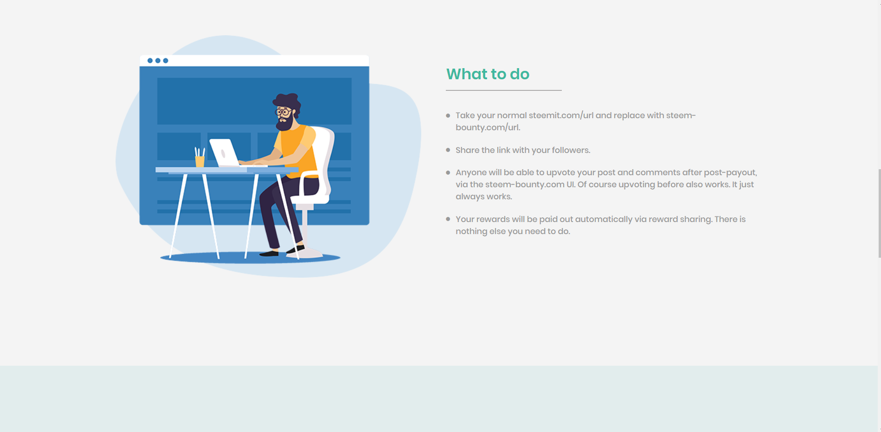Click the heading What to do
(x=488, y=74)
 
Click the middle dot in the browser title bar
(x=158, y=61)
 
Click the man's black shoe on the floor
(x=269, y=254)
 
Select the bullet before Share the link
(x=448, y=150)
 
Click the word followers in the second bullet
(x=571, y=150)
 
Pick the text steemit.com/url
(x=561, y=115)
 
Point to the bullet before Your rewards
(x=448, y=219)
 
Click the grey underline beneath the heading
(x=504, y=90)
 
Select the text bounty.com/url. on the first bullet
(x=488, y=127)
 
